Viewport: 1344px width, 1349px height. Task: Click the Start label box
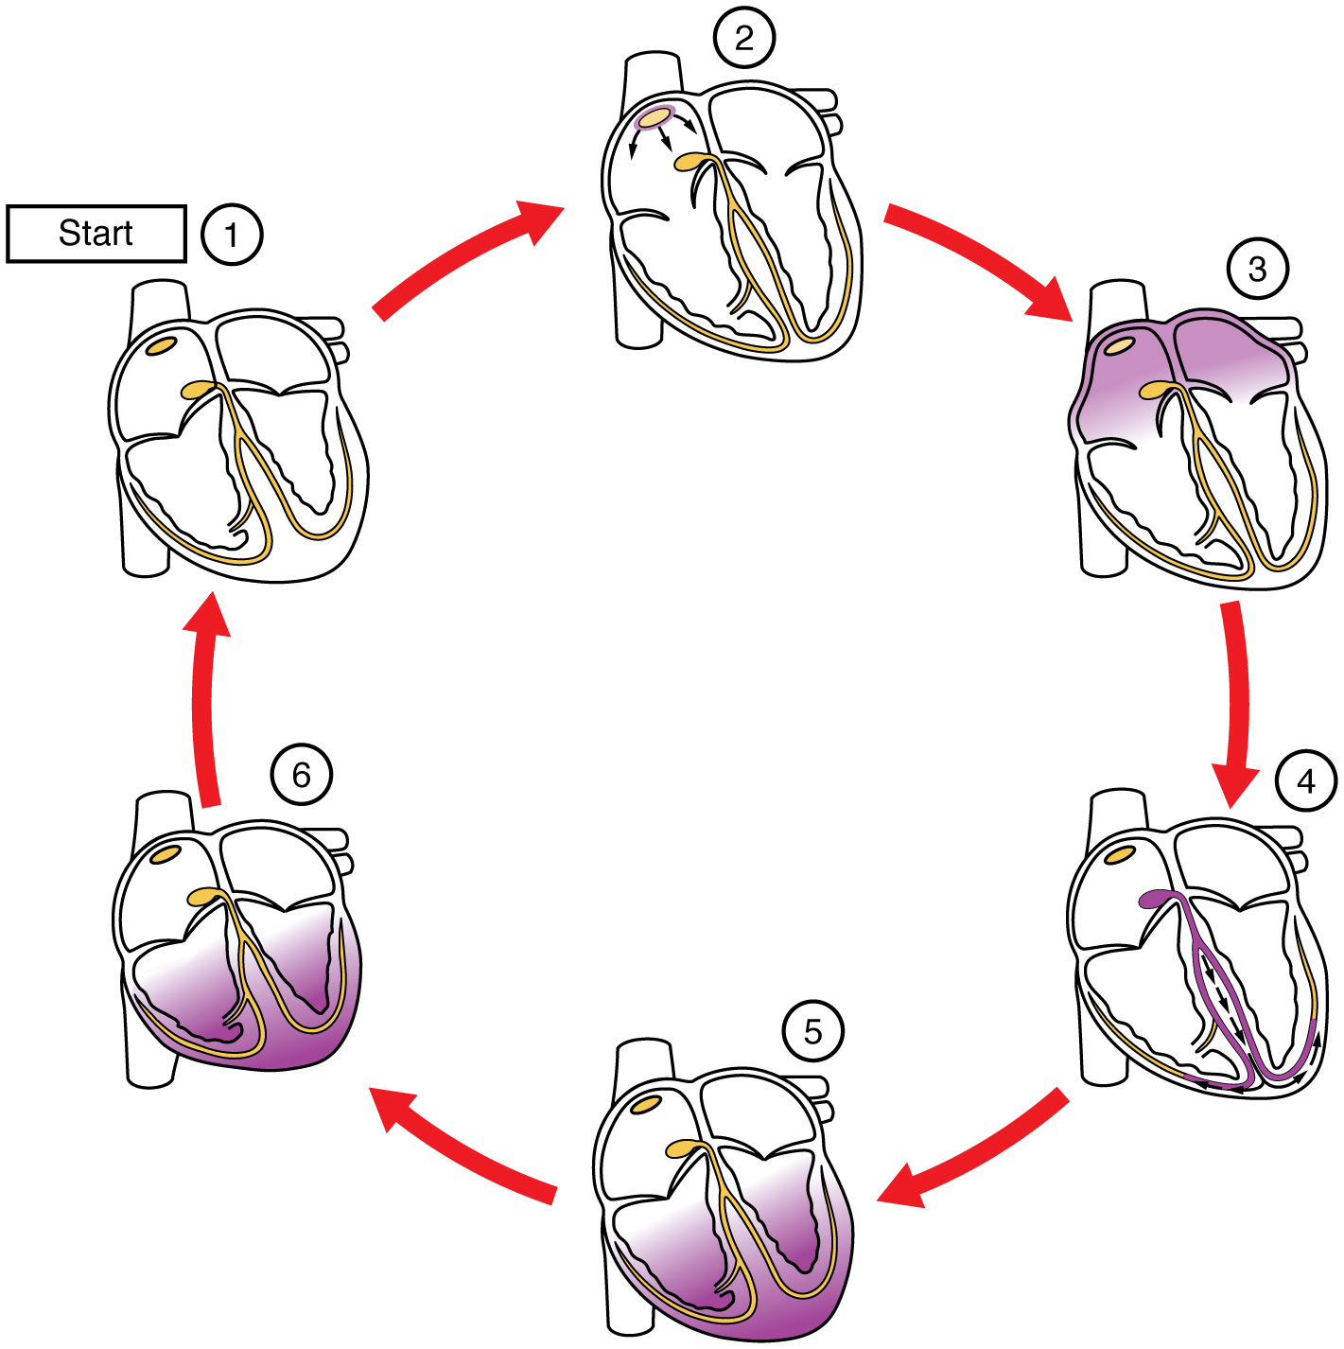click(x=96, y=233)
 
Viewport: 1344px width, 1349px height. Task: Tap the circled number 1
click(x=232, y=234)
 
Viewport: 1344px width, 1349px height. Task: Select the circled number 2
click(x=744, y=38)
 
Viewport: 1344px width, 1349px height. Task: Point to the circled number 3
click(x=1257, y=269)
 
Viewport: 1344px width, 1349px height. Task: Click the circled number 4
click(x=1306, y=781)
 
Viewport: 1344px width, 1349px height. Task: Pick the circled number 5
click(x=812, y=1031)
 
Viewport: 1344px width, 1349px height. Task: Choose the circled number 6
click(x=301, y=775)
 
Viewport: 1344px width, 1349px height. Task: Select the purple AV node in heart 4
click(x=1156, y=899)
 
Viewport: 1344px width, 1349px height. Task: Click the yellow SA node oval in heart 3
click(x=1120, y=346)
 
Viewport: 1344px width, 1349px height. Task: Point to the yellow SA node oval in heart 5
click(x=647, y=1104)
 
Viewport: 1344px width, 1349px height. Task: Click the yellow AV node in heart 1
click(x=199, y=389)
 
